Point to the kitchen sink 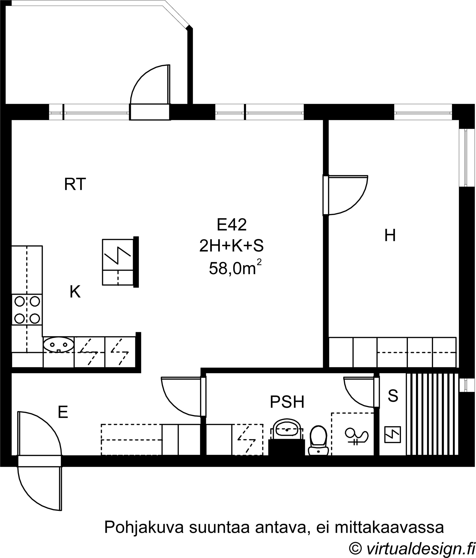point(59,344)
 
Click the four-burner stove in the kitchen point(27,310)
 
